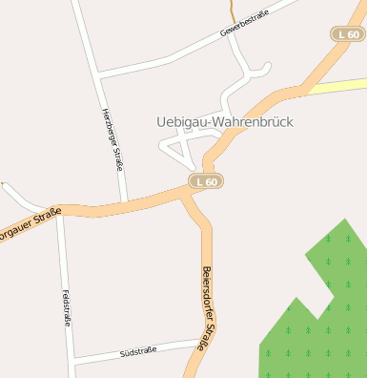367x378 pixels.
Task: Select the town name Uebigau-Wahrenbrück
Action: coord(224,123)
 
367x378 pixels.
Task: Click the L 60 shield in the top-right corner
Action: coord(349,34)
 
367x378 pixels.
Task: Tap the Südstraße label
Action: coord(138,352)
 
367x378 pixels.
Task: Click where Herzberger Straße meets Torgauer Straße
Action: coord(126,202)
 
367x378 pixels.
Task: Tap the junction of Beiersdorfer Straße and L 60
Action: coord(187,194)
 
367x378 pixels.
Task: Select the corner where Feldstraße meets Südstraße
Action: coord(72,361)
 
